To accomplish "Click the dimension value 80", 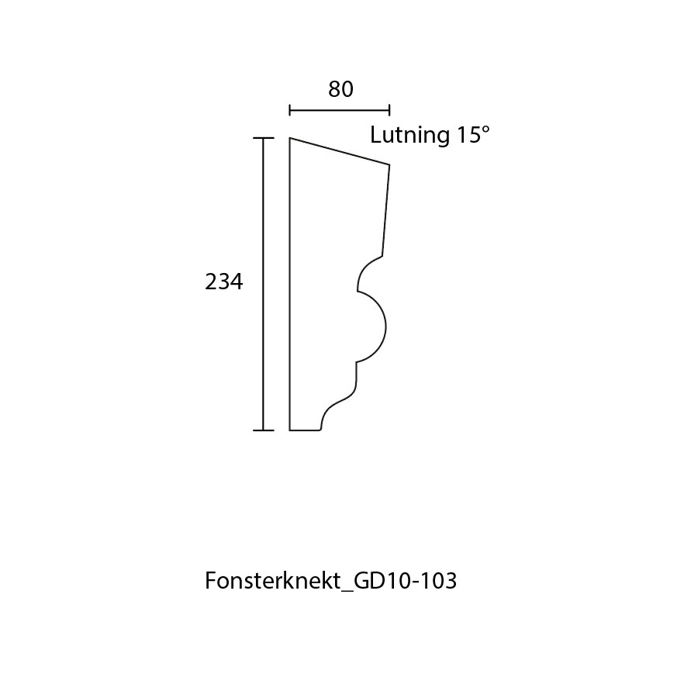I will (x=340, y=90).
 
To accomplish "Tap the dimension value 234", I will (x=223, y=282).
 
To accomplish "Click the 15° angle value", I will (x=473, y=135).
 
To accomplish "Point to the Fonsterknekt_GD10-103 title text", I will (x=330, y=581).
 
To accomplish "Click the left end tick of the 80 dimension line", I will (x=289, y=110).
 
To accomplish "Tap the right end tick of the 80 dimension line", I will (x=389, y=110).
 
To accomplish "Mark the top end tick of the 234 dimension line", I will (x=264, y=138).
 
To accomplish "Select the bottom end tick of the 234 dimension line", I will (x=264, y=430).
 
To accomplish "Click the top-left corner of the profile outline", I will (x=290, y=138).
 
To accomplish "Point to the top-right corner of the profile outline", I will (x=389, y=164).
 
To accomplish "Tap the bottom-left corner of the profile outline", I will (x=290, y=430).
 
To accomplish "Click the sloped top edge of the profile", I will (x=340, y=151).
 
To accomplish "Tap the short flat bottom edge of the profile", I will (x=306, y=430).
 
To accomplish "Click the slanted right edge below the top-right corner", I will (x=386, y=209).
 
